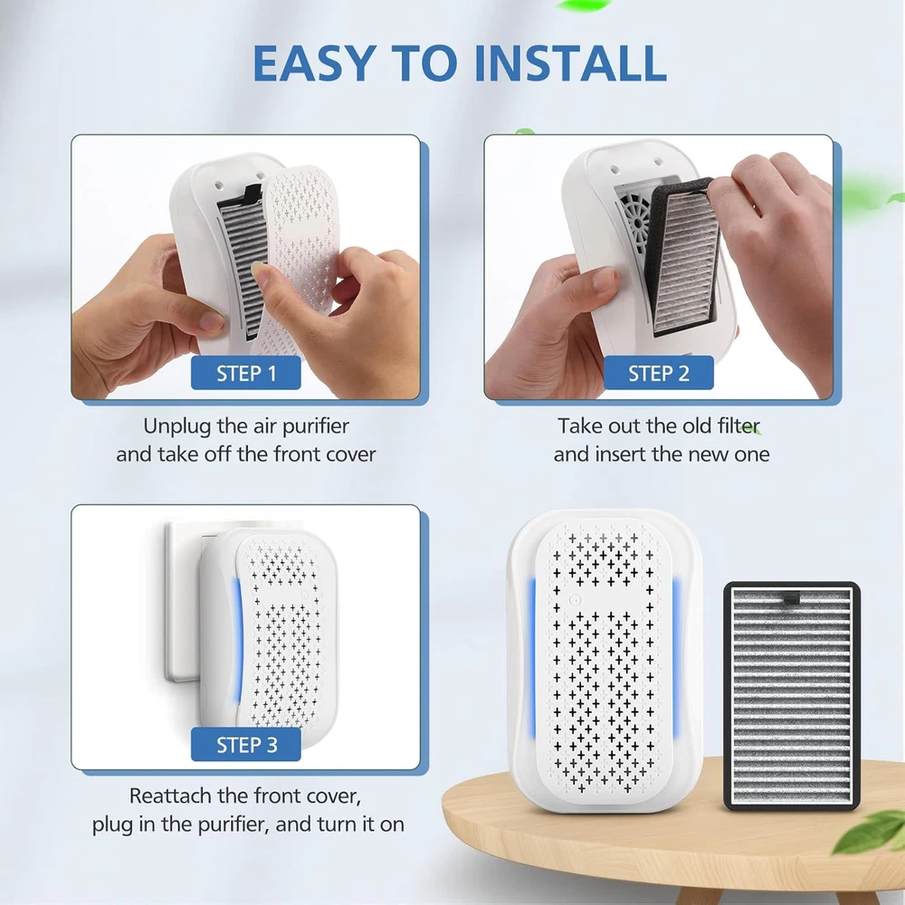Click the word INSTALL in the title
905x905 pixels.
click(x=570, y=62)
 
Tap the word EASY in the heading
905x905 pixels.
click(x=315, y=62)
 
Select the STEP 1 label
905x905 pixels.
click(x=246, y=373)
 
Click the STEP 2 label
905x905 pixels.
click(x=659, y=373)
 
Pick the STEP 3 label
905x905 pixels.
click(x=246, y=745)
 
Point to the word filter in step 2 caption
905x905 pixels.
click(x=738, y=426)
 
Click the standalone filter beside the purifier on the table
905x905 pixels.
click(x=792, y=695)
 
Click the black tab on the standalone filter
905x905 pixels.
click(x=791, y=598)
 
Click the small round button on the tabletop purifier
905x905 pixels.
click(x=574, y=600)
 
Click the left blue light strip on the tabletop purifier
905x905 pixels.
click(x=531, y=658)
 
